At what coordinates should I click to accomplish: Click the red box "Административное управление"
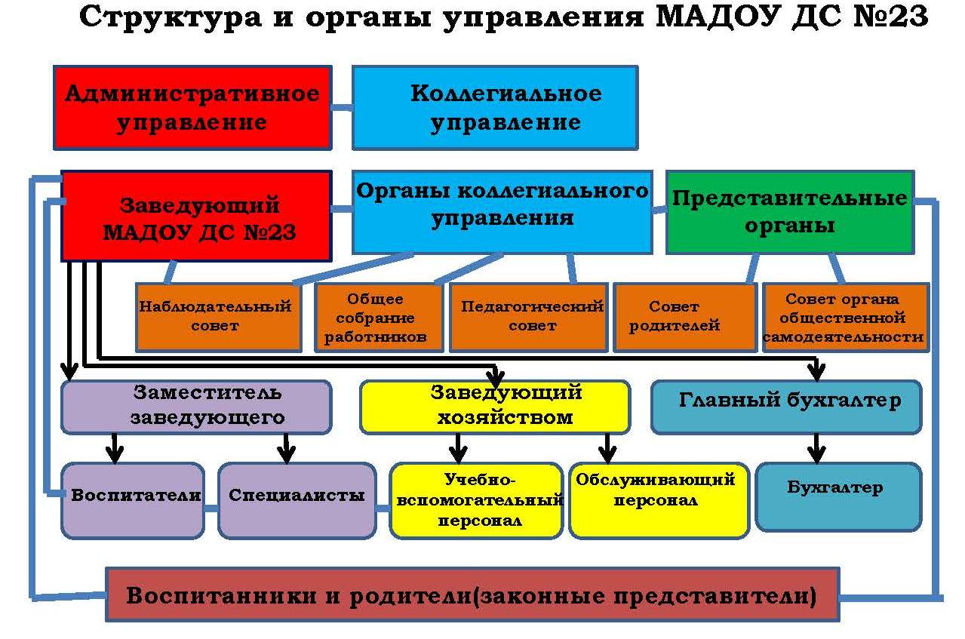click(x=192, y=108)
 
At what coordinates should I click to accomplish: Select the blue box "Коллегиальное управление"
click(x=495, y=108)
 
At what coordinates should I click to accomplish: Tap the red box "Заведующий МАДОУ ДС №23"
click(x=196, y=216)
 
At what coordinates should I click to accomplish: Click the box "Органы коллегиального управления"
click(x=502, y=212)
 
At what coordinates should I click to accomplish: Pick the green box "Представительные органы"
click(x=790, y=212)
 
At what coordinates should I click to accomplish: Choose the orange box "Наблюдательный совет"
click(x=218, y=317)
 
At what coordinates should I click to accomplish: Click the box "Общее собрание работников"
click(x=379, y=317)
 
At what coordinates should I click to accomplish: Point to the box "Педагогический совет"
click(x=529, y=317)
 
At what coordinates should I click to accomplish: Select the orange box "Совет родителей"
click(x=685, y=317)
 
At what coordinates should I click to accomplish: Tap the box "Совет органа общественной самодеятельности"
click(x=846, y=317)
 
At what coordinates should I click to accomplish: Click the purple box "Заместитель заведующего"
click(x=196, y=407)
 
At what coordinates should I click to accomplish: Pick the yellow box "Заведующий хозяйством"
click(x=495, y=407)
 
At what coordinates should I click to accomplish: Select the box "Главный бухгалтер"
click(x=787, y=407)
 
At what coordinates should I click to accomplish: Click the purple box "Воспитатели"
click(x=133, y=501)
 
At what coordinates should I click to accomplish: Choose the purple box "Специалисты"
click(x=297, y=501)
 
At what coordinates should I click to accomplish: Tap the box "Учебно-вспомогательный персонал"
click(x=477, y=501)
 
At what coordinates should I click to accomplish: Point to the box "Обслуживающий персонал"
click(x=659, y=501)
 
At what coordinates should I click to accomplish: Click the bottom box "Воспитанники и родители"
click(x=472, y=594)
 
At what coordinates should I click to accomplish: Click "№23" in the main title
click(x=891, y=17)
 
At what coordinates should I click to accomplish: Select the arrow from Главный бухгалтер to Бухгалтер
click(x=816, y=449)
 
